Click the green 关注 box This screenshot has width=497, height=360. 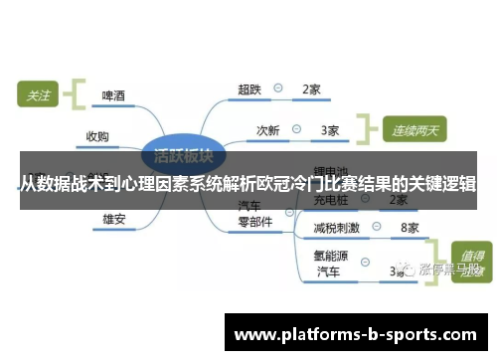pos(39,96)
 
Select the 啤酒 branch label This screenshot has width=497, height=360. pos(113,96)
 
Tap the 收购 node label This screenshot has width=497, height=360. pos(97,135)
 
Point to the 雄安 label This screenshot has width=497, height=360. pos(113,218)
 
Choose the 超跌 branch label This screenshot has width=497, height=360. pos(248,90)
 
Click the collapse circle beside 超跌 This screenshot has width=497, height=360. pos(280,89)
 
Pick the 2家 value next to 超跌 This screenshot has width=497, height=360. pos(311,90)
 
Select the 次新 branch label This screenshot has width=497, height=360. pos(268,129)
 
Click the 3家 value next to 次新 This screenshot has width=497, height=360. pos(330,129)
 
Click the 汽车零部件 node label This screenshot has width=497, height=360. pos(254,214)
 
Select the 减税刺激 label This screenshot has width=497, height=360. pos(336,228)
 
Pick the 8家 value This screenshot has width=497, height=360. pos(409,228)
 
